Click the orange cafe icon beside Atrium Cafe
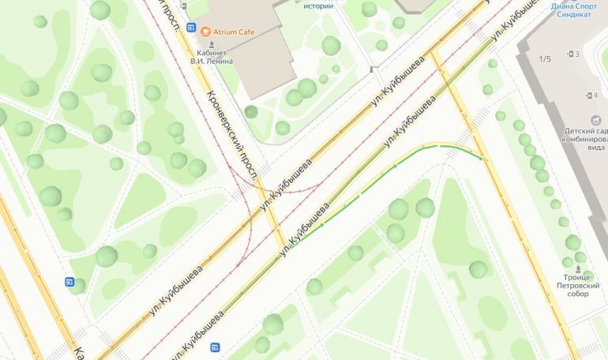[206, 32]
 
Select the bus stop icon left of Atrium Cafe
[191, 28]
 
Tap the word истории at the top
[317, 6]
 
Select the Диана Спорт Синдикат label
[574, 9]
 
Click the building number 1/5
[545, 59]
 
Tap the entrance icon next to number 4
[585, 96]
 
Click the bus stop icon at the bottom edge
[215, 347]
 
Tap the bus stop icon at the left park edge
[69, 283]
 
